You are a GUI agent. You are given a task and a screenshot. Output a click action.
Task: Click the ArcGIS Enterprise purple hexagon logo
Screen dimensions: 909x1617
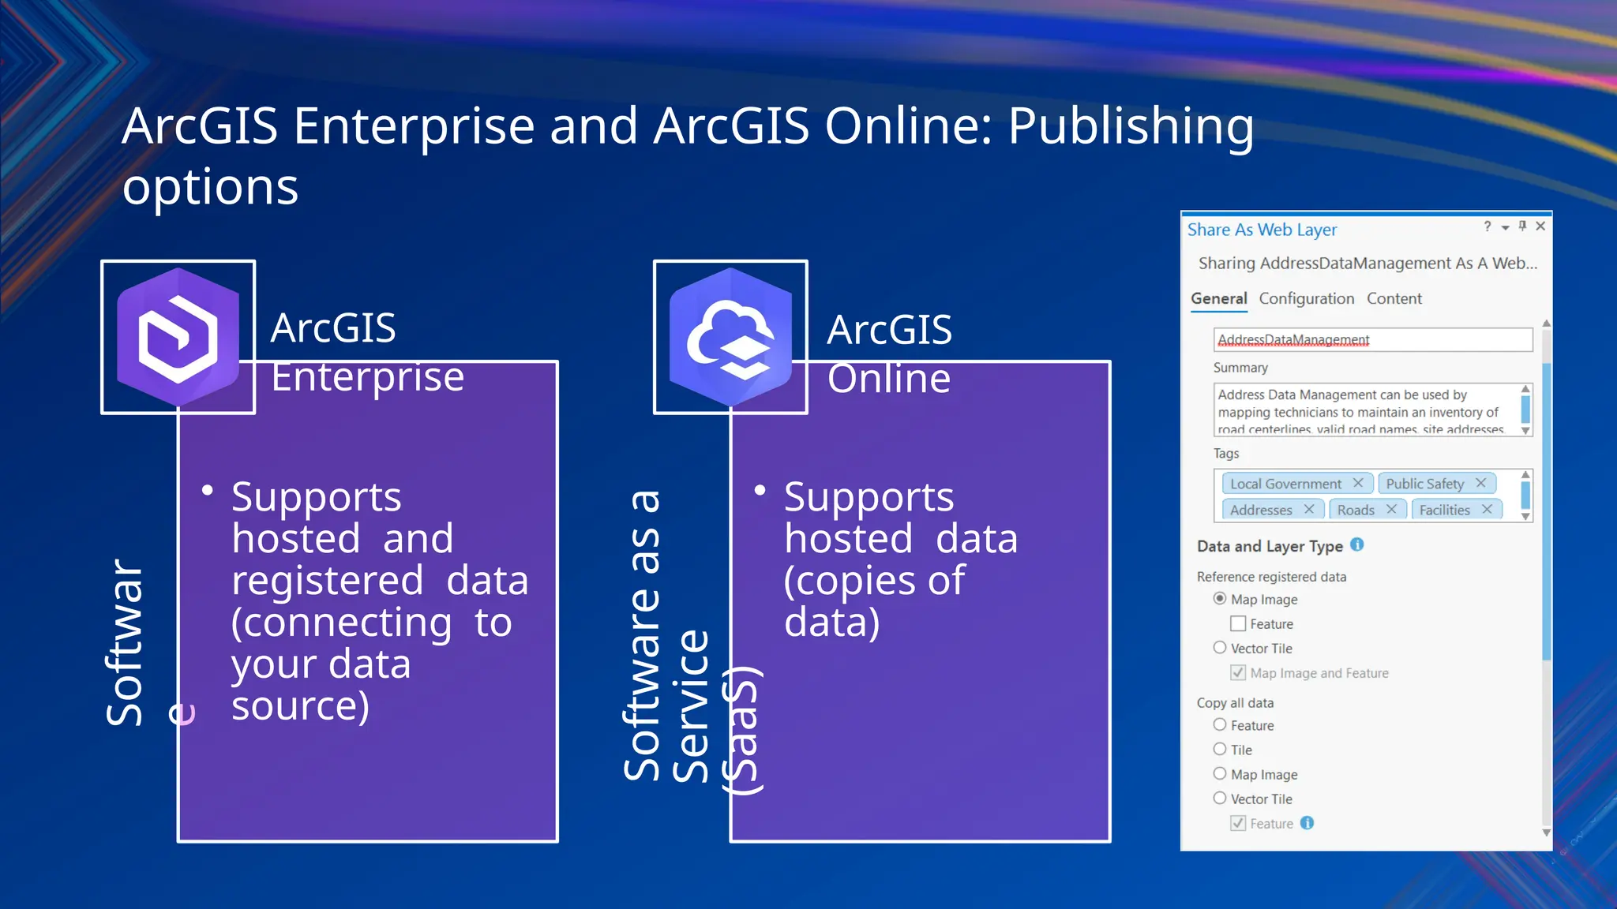178,337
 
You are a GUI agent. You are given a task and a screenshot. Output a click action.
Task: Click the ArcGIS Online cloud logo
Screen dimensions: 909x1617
730,337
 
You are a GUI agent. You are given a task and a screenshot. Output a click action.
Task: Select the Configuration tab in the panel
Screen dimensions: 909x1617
1306,298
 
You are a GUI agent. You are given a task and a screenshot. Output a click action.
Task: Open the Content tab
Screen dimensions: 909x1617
1394,298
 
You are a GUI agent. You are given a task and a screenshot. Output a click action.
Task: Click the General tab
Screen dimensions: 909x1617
1218,298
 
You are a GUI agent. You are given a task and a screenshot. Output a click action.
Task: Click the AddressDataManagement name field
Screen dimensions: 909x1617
1372,339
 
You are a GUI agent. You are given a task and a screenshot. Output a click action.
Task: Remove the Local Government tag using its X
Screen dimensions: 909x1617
1358,483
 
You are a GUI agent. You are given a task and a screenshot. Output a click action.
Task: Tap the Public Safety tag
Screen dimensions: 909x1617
1424,484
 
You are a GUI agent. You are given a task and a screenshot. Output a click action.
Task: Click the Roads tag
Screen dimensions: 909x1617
1356,510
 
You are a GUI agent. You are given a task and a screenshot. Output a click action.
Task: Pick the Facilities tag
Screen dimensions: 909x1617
1444,510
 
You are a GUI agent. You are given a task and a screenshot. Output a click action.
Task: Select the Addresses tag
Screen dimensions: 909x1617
1261,510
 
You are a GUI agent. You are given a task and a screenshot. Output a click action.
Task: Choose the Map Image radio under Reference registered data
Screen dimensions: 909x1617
1220,599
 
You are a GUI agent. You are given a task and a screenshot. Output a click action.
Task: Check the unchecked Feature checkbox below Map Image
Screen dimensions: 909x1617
1238,624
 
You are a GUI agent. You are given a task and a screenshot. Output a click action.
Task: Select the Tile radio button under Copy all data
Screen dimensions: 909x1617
1220,750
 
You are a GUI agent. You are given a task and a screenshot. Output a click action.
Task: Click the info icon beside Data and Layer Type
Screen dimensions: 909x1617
1357,544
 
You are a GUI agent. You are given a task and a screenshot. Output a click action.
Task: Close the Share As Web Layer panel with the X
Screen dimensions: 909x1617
1540,226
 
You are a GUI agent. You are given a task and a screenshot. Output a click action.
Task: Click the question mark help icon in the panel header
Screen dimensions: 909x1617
1488,226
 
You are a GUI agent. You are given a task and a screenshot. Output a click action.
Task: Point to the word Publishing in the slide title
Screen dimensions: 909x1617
1131,126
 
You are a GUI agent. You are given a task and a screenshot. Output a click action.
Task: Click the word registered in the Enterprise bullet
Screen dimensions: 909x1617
328,580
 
